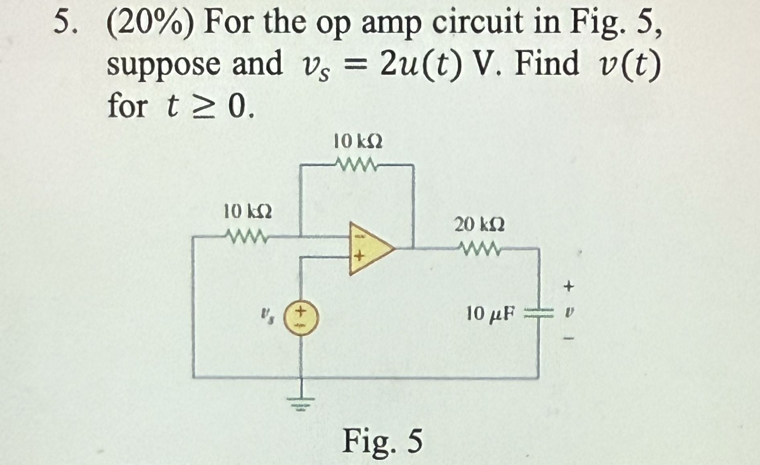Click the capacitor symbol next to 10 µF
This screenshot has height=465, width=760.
(539, 313)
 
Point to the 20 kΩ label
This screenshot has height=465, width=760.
(479, 224)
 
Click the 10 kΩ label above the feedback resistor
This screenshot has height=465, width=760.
(358, 141)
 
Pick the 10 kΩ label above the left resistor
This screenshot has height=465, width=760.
(247, 211)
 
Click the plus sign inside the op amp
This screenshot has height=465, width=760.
(359, 256)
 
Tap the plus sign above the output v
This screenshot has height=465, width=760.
(568, 287)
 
